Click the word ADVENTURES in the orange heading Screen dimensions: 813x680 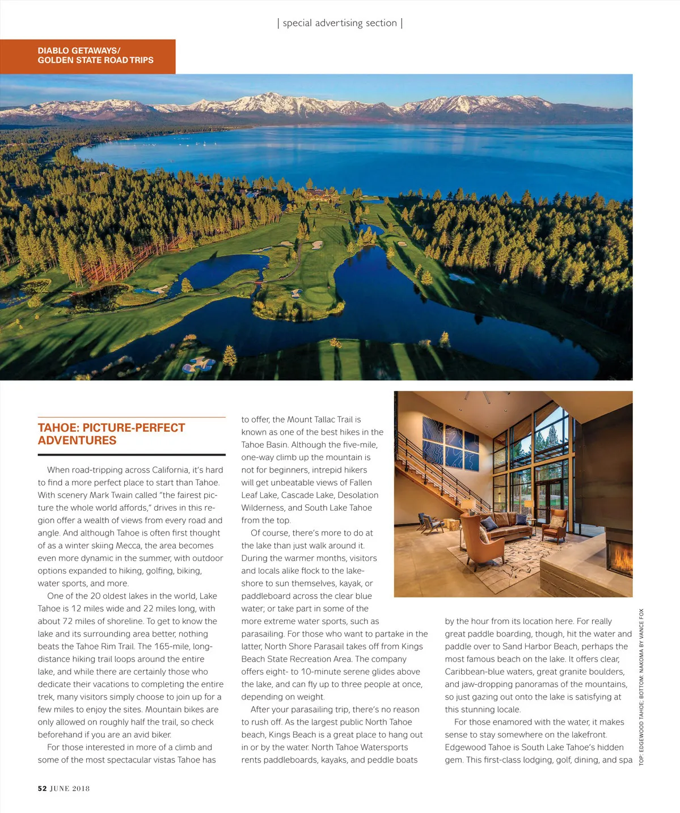77,441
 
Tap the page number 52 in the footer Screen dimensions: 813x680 42,788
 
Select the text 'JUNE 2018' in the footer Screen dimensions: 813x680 70,788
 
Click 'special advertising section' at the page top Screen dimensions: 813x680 340,23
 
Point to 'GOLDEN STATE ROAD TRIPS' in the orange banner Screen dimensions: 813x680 95,60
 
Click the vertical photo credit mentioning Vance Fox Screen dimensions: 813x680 641,686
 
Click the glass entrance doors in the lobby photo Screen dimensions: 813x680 546,499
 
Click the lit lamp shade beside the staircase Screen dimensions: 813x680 468,504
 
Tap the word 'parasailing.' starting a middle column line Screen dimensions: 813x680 263,634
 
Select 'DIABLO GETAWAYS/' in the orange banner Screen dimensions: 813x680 79,50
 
